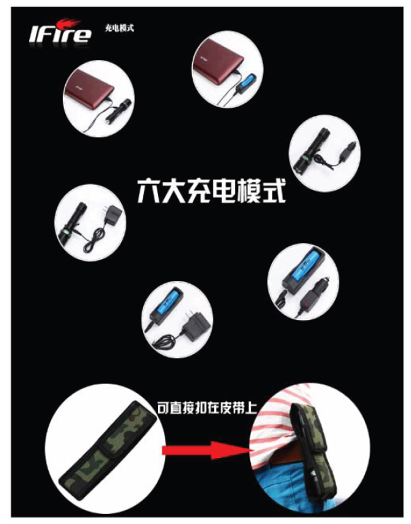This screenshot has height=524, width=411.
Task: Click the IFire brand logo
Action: point(60,31)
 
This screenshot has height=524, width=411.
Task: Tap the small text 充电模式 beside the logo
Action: point(119,28)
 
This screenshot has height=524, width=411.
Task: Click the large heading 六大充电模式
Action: point(211,191)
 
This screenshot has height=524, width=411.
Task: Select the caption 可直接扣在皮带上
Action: point(207,408)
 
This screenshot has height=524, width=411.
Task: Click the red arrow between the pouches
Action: point(207,451)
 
